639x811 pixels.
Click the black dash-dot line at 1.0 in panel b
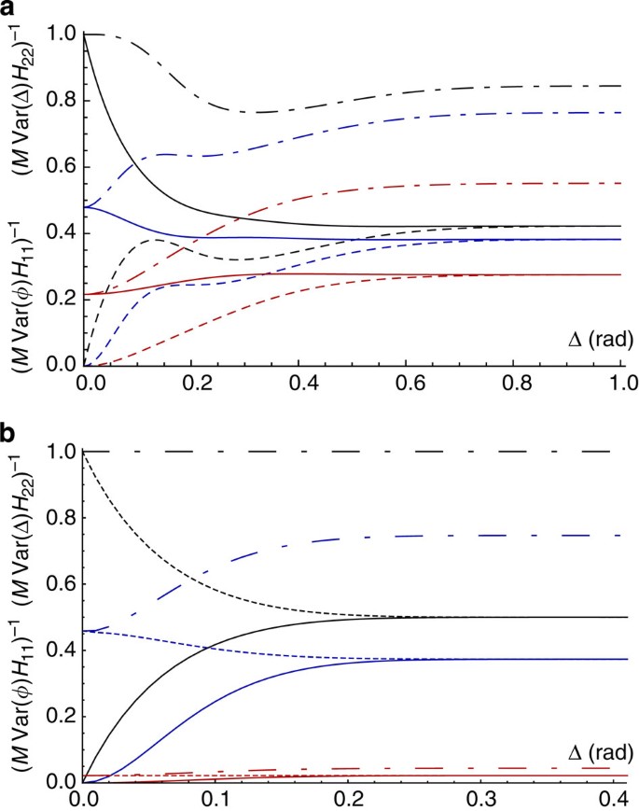coord(373,452)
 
